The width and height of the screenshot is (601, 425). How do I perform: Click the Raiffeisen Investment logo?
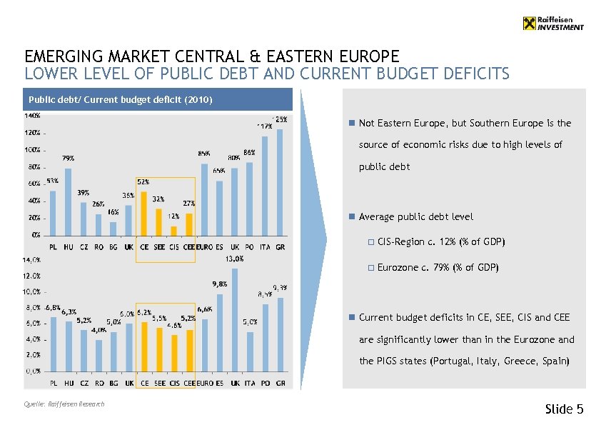tap(552, 24)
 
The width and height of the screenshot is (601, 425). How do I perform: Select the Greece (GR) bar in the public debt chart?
tap(280, 182)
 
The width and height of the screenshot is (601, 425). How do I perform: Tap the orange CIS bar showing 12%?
tap(173, 231)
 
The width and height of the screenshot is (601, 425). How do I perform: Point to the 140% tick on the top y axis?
tap(33, 115)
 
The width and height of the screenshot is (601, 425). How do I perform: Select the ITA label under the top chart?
tap(265, 246)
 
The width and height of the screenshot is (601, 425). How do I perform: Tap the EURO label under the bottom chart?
tap(204, 384)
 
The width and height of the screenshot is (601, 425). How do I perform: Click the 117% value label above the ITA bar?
tap(264, 126)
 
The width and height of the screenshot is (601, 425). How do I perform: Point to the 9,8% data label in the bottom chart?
tap(219, 284)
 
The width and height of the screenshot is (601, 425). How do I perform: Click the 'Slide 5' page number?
tap(564, 409)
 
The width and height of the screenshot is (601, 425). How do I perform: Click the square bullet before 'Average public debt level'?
tap(351, 217)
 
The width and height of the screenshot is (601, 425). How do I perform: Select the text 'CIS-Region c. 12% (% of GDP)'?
tap(441, 242)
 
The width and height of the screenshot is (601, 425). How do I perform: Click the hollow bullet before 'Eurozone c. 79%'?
tap(370, 268)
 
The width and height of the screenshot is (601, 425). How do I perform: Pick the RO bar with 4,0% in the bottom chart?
tap(99, 355)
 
